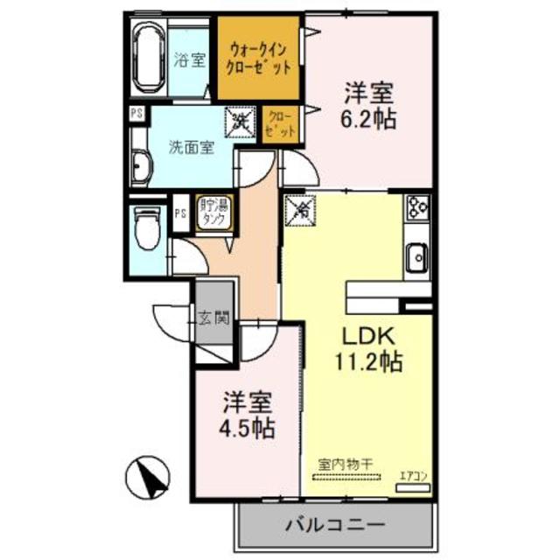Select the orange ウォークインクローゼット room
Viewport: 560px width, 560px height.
coord(260,59)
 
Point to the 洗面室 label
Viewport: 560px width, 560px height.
coord(191,147)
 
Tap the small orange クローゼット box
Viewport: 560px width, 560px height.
coord(281,122)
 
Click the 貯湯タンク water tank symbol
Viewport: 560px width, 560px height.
coord(214,213)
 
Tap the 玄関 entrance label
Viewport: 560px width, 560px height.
coord(213,318)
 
